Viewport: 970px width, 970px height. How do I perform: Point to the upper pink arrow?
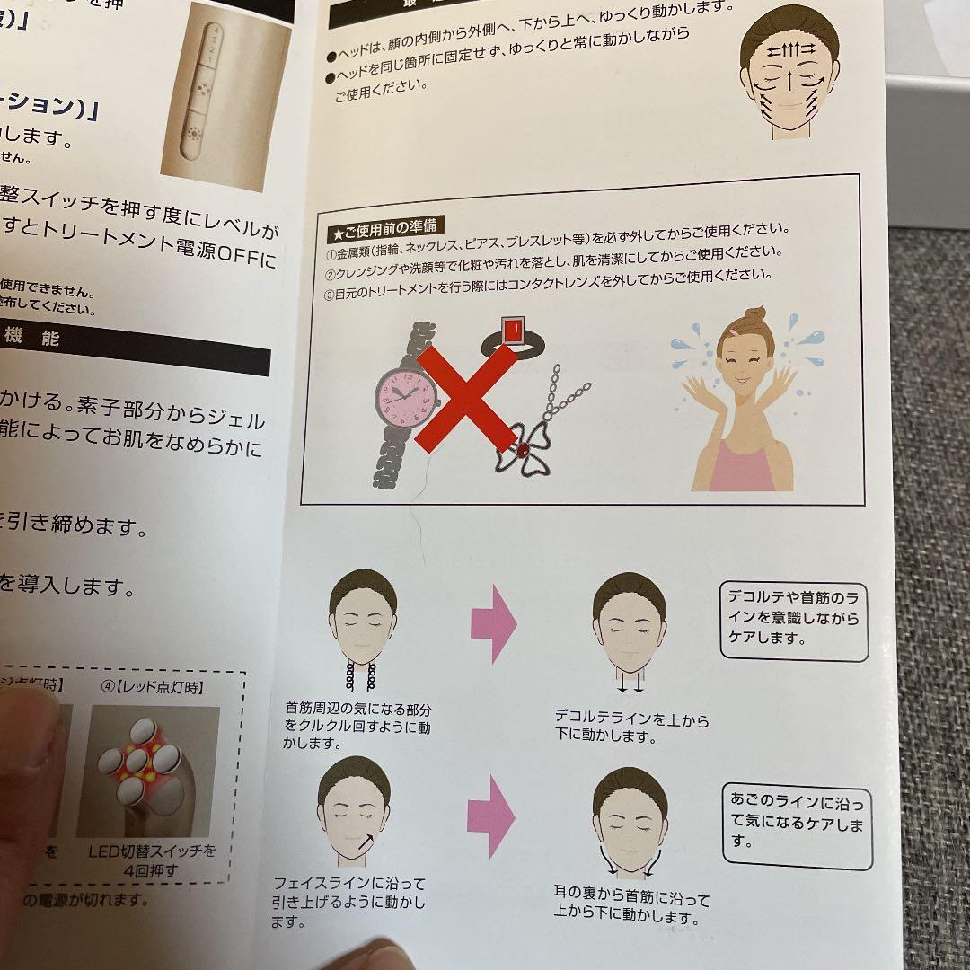pos(493,622)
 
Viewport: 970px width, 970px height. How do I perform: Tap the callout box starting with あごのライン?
pos(796,824)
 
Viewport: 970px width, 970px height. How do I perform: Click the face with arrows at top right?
pos(789,76)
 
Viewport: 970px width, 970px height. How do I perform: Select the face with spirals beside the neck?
pos(362,629)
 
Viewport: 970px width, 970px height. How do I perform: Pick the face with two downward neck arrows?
pos(629,629)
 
